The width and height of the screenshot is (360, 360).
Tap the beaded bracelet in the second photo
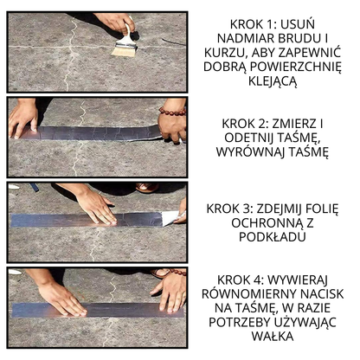point(171,112)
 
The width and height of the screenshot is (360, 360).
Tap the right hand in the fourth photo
point(170,291)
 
